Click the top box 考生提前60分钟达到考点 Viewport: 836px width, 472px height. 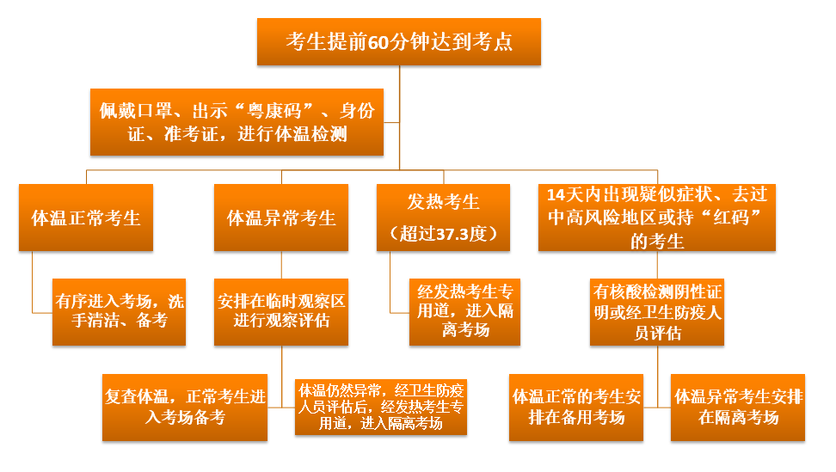coord(399,42)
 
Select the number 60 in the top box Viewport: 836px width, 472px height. coord(378,42)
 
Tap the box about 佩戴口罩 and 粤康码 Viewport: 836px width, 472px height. coord(237,122)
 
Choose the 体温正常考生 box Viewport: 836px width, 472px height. coord(86,218)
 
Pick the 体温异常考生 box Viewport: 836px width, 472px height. coord(281,218)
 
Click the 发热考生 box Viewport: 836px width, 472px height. coord(443,218)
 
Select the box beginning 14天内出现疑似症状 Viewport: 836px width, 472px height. coord(657,218)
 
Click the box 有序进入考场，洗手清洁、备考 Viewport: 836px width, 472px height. coord(119,312)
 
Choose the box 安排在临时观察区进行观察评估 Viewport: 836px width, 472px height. coord(281,312)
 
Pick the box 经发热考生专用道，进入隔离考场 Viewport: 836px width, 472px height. coord(465,312)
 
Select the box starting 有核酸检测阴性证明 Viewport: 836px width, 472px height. coord(657,312)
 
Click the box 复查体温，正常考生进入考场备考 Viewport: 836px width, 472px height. coord(184,408)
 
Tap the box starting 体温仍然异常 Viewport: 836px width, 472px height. coord(381,407)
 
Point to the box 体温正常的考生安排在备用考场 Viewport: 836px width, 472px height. coord(575,408)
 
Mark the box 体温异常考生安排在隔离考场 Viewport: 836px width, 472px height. coord(738,408)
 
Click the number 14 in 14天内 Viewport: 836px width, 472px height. coord(556,195)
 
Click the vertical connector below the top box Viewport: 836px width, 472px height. coord(399,118)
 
